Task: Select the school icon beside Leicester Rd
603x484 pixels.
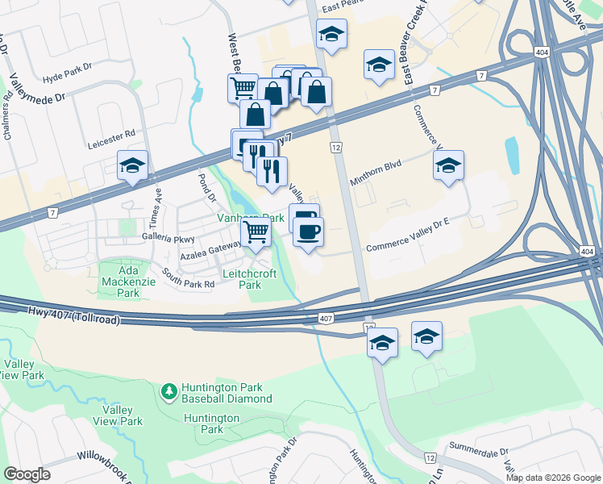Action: pyautogui.click(x=132, y=166)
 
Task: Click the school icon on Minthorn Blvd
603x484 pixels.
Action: pyautogui.click(x=448, y=166)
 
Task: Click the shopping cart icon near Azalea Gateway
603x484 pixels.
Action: pyautogui.click(x=256, y=233)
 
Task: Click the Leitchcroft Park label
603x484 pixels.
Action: pyautogui.click(x=251, y=279)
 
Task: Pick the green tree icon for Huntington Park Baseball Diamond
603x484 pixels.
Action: pyautogui.click(x=168, y=392)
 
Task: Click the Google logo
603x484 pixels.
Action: pyautogui.click(x=27, y=474)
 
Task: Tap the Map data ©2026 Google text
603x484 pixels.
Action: pyautogui.click(x=552, y=478)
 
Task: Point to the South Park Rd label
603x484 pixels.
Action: pyautogui.click(x=187, y=278)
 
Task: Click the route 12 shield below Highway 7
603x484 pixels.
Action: pyautogui.click(x=336, y=148)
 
